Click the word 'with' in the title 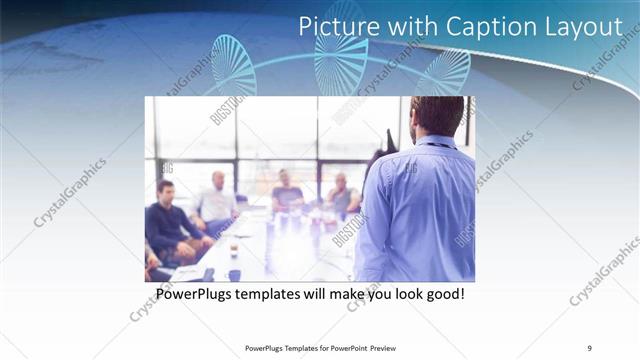[406, 27]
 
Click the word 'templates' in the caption [278, 296]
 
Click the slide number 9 [590, 348]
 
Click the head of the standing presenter [437, 116]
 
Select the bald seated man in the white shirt [217, 200]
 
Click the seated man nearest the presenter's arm [343, 194]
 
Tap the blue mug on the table [234, 274]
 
